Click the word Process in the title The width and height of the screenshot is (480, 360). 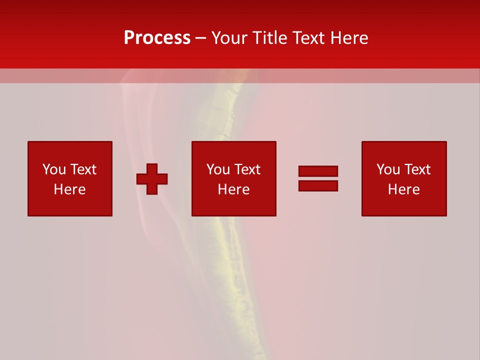(x=157, y=38)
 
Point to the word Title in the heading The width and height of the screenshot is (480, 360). (x=269, y=38)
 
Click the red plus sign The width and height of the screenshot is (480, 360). (x=152, y=179)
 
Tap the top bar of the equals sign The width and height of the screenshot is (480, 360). (x=318, y=171)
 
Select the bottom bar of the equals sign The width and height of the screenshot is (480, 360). (x=318, y=185)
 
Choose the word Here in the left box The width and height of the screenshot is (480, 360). (x=69, y=189)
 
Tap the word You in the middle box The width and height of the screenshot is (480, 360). (x=218, y=169)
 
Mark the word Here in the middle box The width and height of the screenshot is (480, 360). (x=233, y=189)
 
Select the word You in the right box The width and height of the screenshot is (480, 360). (x=388, y=169)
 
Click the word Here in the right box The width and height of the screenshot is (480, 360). (x=403, y=189)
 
